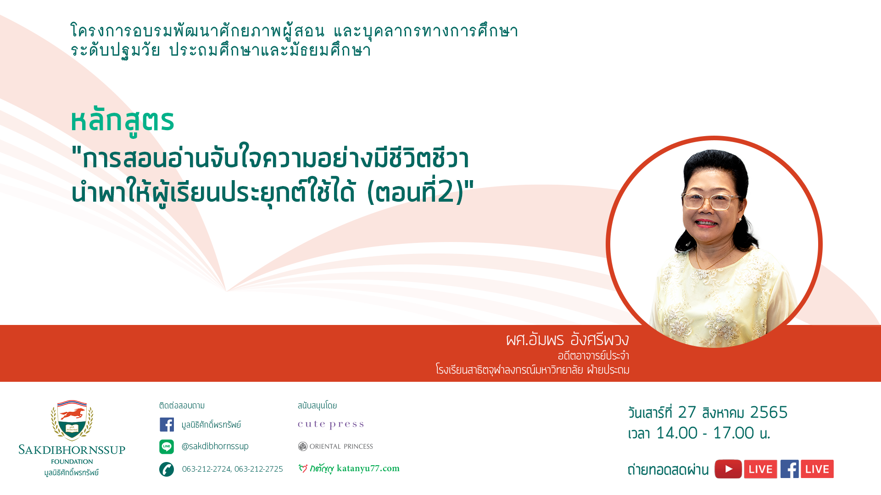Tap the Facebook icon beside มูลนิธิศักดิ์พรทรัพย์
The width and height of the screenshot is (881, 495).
167,424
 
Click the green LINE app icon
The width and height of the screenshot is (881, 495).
167,446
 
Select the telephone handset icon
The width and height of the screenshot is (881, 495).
167,469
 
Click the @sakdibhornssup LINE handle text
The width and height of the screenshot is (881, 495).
215,446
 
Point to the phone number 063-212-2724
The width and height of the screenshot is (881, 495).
206,469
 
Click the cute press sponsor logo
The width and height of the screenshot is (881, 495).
331,424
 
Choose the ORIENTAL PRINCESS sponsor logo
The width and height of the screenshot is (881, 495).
335,446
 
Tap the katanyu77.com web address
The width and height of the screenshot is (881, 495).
368,468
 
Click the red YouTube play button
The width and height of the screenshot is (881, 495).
728,469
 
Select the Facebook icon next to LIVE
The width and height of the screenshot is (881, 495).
789,469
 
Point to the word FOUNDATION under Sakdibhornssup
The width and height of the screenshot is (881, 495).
72,462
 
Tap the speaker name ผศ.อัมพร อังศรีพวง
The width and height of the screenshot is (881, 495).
568,340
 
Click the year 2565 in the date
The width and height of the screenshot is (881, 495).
769,412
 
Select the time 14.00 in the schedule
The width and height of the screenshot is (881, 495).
677,433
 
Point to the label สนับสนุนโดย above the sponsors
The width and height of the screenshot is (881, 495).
317,406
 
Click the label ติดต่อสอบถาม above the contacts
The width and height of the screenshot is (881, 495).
182,406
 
